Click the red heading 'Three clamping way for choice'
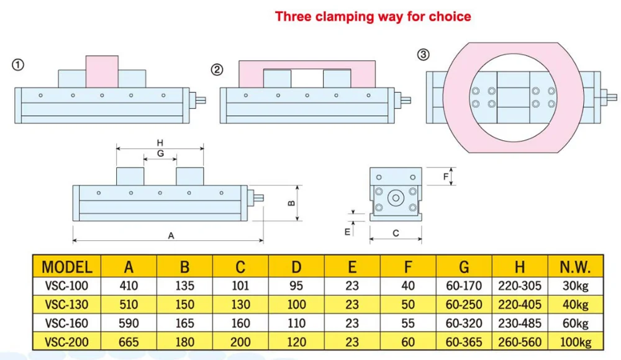pos(373,16)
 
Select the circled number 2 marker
pos(217,70)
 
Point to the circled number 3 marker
pos(424,55)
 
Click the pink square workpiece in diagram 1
pos(102,71)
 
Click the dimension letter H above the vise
pos(160,142)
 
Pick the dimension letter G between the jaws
pos(160,153)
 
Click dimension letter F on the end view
pos(446,177)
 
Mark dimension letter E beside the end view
pos(348,231)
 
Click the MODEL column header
pos(67,268)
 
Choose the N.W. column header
pos(575,268)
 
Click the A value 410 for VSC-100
pos(129,286)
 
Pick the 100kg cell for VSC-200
pos(575,342)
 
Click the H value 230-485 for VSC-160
pos(520,323)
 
